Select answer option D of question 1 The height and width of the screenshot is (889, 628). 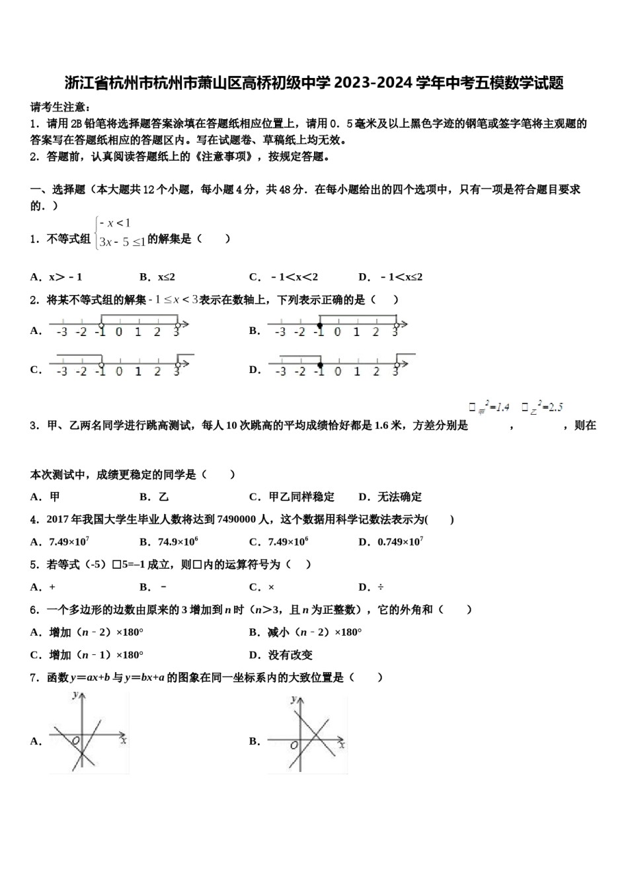click(x=390, y=277)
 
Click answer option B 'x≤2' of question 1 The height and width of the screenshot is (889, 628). click(x=157, y=277)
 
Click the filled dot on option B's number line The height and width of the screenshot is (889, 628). click(x=319, y=325)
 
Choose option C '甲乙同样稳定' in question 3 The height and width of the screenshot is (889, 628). click(x=292, y=497)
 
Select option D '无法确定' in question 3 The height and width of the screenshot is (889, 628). click(x=390, y=497)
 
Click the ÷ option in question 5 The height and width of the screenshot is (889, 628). click(x=380, y=587)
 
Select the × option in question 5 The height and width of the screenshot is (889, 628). click(x=271, y=587)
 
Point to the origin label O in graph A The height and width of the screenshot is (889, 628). click(x=75, y=740)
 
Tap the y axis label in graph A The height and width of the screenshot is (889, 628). click(x=76, y=695)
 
